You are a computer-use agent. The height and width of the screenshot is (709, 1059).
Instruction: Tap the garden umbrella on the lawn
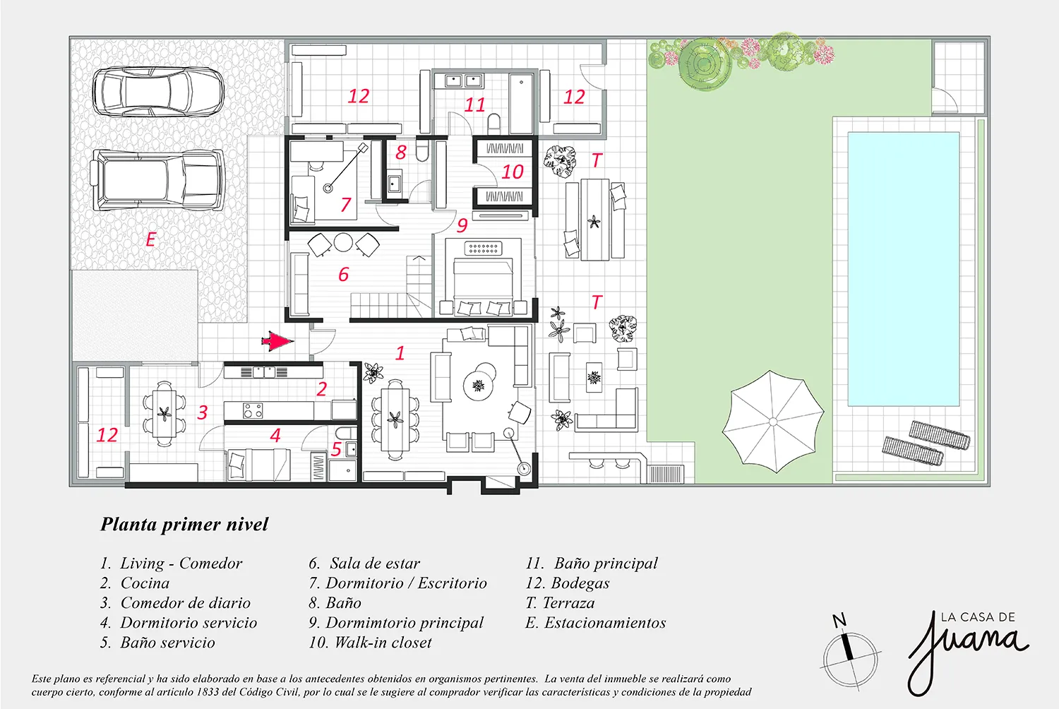pos(772,422)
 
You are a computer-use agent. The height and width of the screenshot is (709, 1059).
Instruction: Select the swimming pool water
pos(904,269)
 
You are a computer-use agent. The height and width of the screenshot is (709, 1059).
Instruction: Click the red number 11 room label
pos(474,105)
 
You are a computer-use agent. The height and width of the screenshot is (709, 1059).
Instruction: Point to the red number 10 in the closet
pos(513,172)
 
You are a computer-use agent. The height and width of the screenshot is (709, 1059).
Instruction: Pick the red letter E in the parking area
pos(151,239)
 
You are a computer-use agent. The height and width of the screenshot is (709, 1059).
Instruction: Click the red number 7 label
pos(346,204)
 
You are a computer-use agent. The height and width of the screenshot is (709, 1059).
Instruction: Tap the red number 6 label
pos(344,274)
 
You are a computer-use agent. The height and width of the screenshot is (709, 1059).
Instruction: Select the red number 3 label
pos(203,412)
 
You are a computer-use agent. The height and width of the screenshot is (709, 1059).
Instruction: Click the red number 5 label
pos(336,449)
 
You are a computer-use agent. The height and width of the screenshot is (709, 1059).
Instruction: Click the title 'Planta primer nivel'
pos(184,524)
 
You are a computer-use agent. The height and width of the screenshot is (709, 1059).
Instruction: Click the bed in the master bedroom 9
pos(483,286)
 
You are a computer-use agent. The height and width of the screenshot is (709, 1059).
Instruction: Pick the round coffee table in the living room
pos(479,386)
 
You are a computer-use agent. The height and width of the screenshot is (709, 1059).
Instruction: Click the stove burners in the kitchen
pos(253,410)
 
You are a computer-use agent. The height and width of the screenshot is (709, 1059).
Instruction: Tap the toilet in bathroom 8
pos(422,149)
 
